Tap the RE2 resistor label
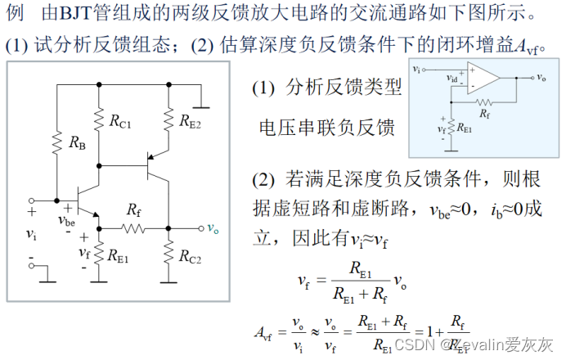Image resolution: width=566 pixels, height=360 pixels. click(191, 122)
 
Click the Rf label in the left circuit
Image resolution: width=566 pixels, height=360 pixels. click(134, 210)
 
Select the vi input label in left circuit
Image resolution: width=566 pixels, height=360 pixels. click(32, 235)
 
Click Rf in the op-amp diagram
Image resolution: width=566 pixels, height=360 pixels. click(485, 113)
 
